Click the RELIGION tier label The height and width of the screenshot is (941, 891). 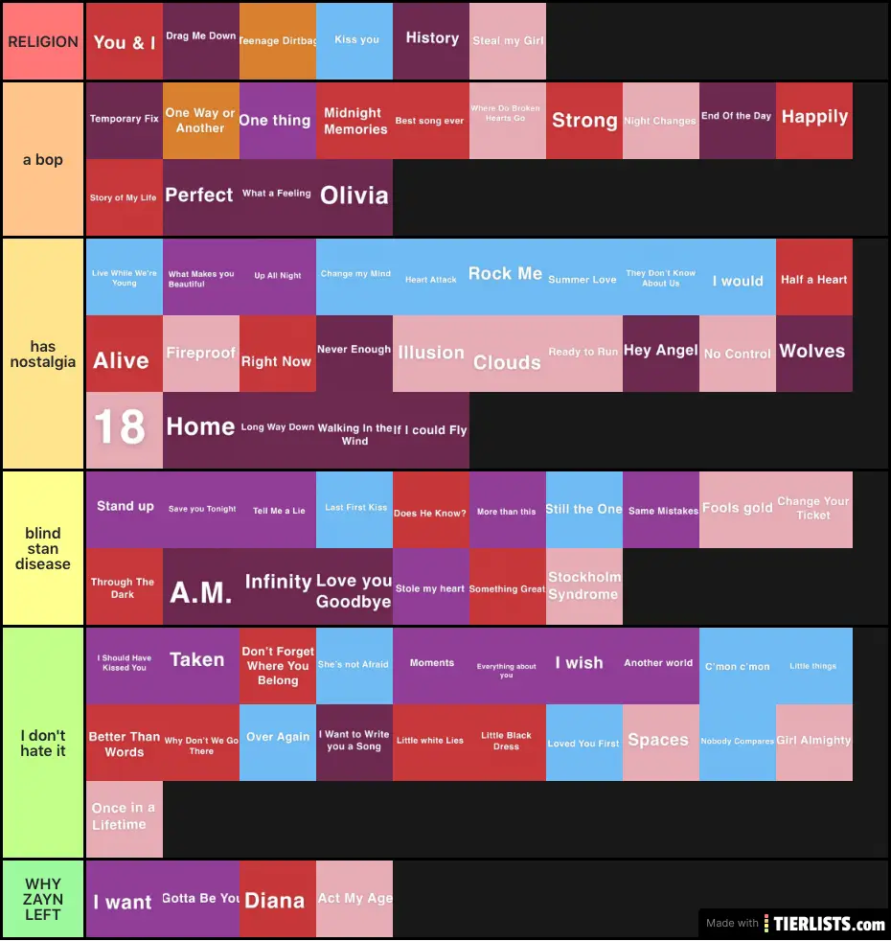pos(43,41)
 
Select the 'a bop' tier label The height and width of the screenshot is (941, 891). pos(43,159)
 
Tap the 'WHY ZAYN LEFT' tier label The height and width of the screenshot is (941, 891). pos(43,899)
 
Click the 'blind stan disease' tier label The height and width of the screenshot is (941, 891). pos(43,548)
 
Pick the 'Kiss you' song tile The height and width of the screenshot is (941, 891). pos(354,41)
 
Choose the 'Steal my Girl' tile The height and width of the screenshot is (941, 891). pos(508,41)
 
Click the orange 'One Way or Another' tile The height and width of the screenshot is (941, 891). pos(201,121)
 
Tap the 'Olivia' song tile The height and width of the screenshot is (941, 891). pos(354,197)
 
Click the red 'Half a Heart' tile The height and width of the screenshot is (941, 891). pos(814,277)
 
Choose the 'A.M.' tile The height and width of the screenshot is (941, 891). pos(201,586)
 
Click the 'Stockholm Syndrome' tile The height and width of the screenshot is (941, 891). pos(584,586)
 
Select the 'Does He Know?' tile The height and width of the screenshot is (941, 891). pos(431,510)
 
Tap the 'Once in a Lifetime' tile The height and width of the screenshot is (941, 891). pos(125,818)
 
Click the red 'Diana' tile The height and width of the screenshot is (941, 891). pos(278,899)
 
